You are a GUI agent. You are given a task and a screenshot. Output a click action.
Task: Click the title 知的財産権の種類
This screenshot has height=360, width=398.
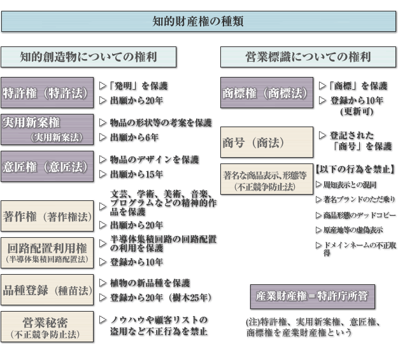[x=198, y=21]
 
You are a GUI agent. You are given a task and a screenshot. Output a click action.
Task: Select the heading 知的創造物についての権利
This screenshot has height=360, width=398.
[x=89, y=57]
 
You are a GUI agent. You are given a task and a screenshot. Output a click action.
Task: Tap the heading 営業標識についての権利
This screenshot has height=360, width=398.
[x=308, y=57]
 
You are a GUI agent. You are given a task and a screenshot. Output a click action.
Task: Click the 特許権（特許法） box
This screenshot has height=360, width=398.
[x=47, y=93]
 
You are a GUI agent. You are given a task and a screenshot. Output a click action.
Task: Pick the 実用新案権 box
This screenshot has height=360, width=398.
[x=47, y=130]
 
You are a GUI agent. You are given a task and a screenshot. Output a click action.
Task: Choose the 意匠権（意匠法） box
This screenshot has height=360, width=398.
[x=47, y=167]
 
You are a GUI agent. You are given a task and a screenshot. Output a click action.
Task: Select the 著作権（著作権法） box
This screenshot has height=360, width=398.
[x=47, y=216]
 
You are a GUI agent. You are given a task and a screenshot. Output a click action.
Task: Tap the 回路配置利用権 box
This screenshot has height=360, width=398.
[x=47, y=253]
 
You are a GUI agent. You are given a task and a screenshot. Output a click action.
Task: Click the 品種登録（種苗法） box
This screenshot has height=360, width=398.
[x=47, y=290]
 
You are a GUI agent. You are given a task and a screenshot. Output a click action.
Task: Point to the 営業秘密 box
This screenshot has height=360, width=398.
[x=47, y=327]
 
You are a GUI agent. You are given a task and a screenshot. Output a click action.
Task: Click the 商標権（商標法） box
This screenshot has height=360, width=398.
[x=267, y=93]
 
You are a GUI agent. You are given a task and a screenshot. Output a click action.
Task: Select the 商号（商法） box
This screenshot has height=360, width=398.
[x=267, y=142]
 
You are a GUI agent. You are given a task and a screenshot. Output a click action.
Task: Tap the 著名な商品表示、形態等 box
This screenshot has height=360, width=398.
[x=267, y=179]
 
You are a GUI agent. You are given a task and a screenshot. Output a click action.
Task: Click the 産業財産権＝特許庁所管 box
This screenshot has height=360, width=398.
[x=313, y=296]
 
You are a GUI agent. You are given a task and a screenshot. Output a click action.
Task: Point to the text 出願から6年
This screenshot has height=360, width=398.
[x=134, y=137]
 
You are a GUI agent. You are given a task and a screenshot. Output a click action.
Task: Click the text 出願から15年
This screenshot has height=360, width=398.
[x=136, y=174]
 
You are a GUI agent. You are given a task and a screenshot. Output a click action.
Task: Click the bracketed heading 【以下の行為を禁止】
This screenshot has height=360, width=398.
[x=355, y=169]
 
